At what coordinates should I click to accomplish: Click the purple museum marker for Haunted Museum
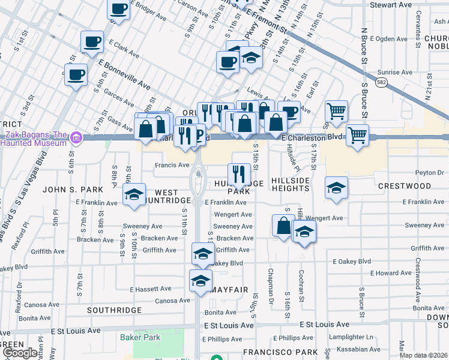(76, 139)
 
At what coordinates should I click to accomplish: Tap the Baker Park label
(144, 337)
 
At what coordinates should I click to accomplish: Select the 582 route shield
(381, 81)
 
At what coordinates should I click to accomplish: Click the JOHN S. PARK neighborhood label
(66, 190)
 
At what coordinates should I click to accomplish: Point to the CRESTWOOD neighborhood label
(405, 186)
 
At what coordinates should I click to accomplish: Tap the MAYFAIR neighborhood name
(229, 290)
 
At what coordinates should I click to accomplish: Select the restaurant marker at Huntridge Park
(240, 175)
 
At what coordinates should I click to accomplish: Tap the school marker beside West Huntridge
(134, 194)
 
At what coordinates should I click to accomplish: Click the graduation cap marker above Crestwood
(336, 187)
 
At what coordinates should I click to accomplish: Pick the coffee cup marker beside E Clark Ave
(92, 42)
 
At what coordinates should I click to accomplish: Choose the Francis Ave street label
(172, 165)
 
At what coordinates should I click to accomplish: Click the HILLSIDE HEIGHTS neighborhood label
(291, 184)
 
